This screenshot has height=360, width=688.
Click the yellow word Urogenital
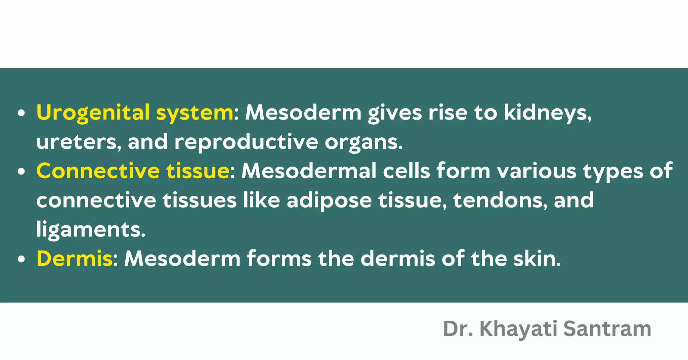[93, 113]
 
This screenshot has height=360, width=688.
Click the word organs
[362, 143]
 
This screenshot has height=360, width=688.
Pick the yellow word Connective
[98, 171]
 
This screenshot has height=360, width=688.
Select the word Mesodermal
[309, 171]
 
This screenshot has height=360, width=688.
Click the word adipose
[329, 200]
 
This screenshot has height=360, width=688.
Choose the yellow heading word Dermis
[74, 259]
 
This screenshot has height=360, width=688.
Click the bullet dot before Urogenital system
[21, 114]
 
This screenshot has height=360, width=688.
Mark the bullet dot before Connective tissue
[21, 172]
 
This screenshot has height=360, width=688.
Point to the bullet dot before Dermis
[21, 260]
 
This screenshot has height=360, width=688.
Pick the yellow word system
[195, 113]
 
